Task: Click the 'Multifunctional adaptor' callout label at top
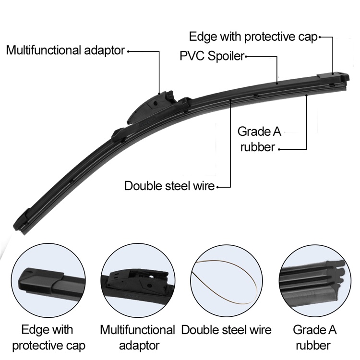(66, 50)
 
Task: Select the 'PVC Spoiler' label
(212, 56)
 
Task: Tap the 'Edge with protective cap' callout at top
(253, 37)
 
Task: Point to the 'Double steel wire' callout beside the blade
(169, 186)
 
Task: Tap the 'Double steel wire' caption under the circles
(226, 330)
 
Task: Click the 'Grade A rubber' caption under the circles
(314, 337)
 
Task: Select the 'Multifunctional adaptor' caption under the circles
(137, 337)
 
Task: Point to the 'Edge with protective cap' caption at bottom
(48, 337)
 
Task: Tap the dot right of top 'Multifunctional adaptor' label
(129, 51)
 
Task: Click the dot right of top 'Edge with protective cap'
(320, 37)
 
